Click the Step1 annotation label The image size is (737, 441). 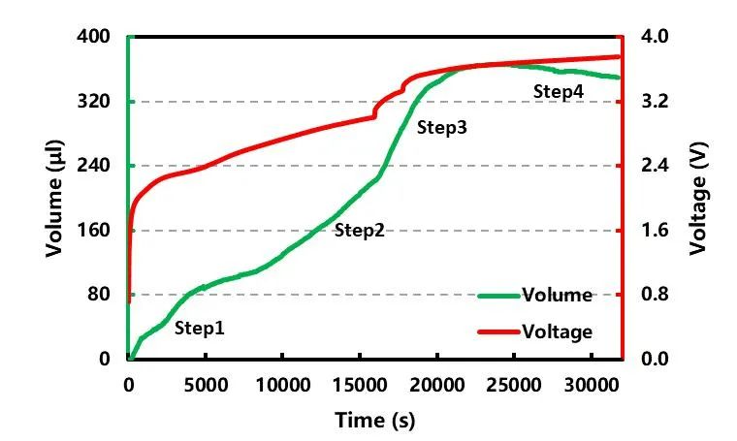(200, 329)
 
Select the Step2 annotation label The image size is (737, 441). (360, 231)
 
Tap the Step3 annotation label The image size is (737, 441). (442, 127)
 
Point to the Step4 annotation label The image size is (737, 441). (559, 91)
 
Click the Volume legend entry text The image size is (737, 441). (557, 296)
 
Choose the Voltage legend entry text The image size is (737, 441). (557, 332)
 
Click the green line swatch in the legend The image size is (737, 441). (498, 296)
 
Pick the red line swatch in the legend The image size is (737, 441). (498, 332)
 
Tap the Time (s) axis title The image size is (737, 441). (374, 421)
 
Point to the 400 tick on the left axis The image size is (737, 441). (94, 37)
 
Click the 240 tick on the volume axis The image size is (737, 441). (94, 166)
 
